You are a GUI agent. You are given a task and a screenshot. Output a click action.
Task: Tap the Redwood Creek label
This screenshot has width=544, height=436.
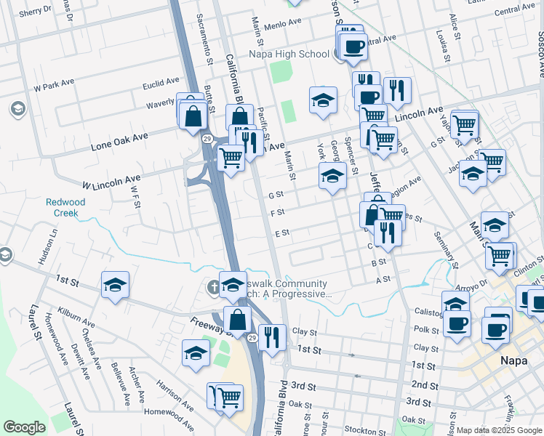pos(65,208)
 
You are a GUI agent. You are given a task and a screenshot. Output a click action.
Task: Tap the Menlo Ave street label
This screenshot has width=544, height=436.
pos(283,23)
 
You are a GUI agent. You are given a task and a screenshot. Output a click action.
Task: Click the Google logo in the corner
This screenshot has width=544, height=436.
pos(24,427)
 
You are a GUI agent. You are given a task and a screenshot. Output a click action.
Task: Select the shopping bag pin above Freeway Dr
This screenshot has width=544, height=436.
pos(238,318)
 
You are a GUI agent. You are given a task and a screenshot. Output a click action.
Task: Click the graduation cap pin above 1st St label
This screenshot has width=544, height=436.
pos(115,286)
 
